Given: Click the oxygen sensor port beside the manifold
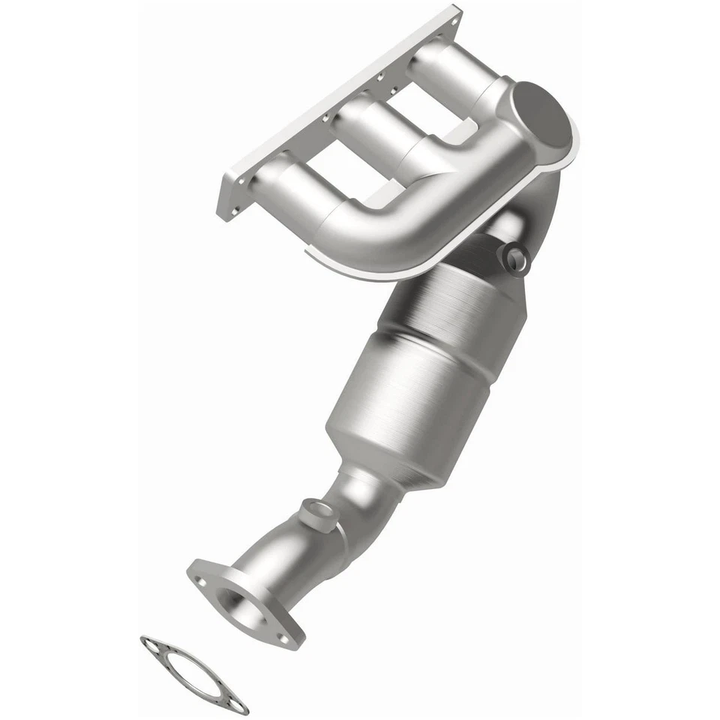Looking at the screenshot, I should point(516,259).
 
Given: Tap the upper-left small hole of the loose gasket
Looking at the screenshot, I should point(151,644).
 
